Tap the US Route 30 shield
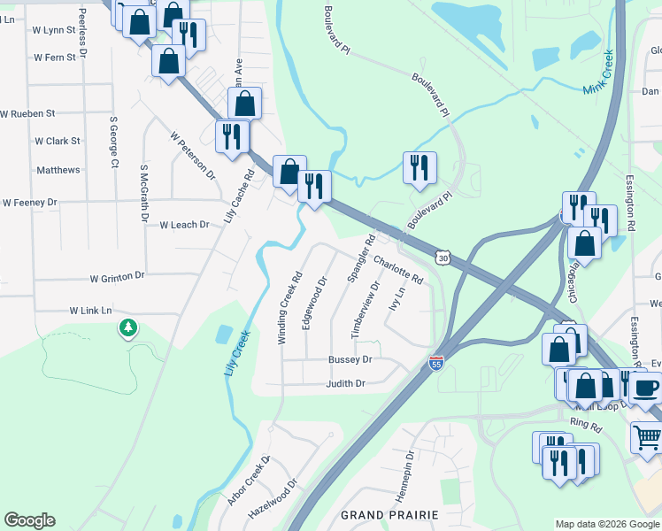[443, 258]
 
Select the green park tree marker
[128, 329]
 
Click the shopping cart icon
[647, 436]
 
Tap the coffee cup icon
[646, 386]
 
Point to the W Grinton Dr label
[117, 277]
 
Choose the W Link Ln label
[91, 311]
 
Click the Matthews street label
[58, 170]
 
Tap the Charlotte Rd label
[398, 269]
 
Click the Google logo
[29, 520]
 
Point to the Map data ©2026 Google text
[607, 524]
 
